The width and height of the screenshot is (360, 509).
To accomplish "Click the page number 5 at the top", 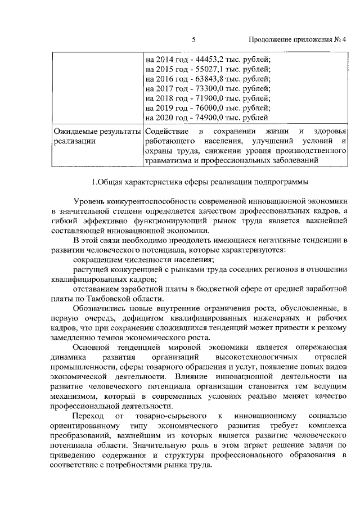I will pyautogui.click(x=193, y=39).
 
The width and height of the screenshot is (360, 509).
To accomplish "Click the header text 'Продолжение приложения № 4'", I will pyautogui.click(x=298, y=39).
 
